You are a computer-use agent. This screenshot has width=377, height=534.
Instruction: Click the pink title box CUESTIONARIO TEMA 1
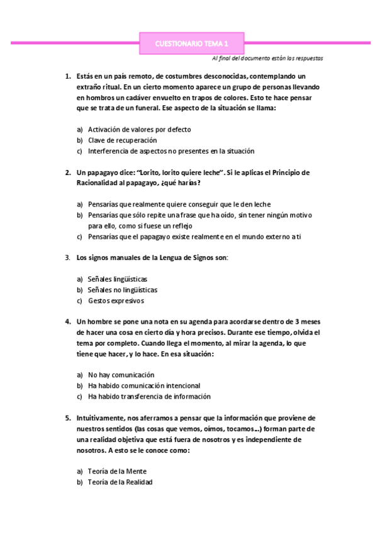[x=191, y=43]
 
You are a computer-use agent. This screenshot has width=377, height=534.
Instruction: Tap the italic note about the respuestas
[x=267, y=58]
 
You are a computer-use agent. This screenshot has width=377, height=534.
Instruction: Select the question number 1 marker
[x=67, y=76]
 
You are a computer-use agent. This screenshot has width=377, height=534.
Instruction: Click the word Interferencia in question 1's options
[x=108, y=151]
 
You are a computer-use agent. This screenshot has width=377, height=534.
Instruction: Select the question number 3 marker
[x=67, y=257]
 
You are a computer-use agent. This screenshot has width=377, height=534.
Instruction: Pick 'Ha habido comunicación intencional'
[x=144, y=385]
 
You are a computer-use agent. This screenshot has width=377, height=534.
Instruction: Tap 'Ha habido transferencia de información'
[x=149, y=397]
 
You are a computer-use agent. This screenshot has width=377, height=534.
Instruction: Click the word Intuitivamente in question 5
[x=99, y=418]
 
